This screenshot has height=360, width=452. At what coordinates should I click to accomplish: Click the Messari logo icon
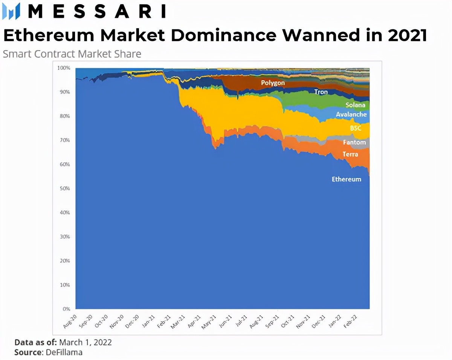[11, 11]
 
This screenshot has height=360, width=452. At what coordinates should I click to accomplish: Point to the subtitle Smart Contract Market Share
[72, 54]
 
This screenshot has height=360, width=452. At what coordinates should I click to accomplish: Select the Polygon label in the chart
[273, 82]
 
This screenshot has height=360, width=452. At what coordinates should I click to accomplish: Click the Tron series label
[321, 92]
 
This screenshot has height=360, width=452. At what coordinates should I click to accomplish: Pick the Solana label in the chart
[355, 105]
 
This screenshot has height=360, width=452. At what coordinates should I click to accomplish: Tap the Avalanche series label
[351, 114]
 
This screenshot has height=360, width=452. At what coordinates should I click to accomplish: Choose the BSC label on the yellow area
[355, 128]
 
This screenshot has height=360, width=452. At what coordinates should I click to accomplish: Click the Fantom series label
[354, 142]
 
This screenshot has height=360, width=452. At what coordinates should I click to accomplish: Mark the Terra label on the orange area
[350, 154]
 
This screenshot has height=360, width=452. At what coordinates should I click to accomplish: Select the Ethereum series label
[346, 179]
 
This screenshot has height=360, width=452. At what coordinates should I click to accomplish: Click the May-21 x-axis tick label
[208, 322]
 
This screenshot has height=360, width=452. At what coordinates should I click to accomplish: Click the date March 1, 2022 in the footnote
[86, 342]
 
